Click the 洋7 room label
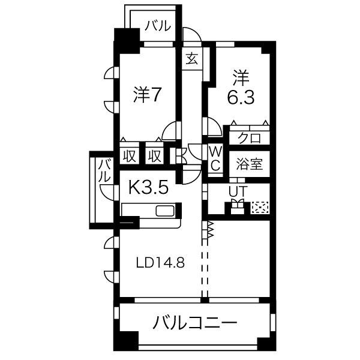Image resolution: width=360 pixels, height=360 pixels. click(x=146, y=94)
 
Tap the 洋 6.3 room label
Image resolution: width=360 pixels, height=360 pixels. click(x=239, y=88)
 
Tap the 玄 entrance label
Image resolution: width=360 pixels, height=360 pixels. click(x=192, y=59)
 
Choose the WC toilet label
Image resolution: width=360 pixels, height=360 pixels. click(x=215, y=158)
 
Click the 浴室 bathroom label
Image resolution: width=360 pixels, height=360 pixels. click(x=248, y=164)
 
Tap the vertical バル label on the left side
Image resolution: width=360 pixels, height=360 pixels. click(x=103, y=171)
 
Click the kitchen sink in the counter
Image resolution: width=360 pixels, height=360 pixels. click(x=164, y=211)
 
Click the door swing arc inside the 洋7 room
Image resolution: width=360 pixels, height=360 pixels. click(x=170, y=130)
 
